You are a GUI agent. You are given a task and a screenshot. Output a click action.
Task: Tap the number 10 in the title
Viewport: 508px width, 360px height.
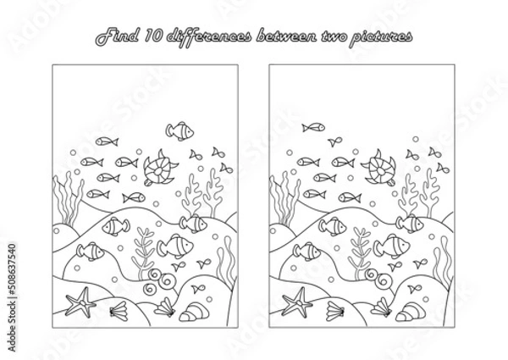coord(153,36)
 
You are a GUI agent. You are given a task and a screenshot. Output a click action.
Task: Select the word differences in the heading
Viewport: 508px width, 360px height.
coord(208,37)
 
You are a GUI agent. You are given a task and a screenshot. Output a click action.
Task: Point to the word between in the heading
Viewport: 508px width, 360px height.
coord(286,36)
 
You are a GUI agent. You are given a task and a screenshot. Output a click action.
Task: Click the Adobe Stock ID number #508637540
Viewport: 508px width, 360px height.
coord(12,269)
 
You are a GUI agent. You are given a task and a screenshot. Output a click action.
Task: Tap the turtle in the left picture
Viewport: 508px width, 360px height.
coord(160,169)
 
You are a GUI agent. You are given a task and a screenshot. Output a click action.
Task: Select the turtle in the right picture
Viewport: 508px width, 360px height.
coord(378,168)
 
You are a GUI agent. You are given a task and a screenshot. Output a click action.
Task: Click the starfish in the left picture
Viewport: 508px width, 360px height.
coord(81,302)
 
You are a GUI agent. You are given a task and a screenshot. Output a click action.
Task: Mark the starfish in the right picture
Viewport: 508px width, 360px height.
coord(297,302)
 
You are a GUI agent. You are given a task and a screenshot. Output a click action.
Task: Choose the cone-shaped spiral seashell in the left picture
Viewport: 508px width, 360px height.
coord(194,312)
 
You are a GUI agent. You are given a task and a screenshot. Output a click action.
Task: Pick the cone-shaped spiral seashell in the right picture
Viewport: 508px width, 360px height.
coord(410,312)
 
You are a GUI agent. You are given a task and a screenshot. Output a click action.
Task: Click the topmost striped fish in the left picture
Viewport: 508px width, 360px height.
coord(179,131)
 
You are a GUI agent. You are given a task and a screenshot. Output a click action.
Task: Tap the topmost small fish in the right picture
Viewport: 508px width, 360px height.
coord(313,127)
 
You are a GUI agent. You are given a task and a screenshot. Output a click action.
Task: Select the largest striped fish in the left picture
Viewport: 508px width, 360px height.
coord(175,246)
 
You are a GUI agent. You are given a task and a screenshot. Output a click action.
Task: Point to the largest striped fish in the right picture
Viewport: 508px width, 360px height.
coord(391,246)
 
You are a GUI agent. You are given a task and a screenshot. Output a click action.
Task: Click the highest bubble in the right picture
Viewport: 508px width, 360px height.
coord(416,139)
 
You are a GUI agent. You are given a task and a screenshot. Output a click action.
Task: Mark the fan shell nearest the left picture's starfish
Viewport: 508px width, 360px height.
coord(119,311)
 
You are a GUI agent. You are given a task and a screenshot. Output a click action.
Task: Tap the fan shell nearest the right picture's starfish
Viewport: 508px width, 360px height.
coord(335,311)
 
